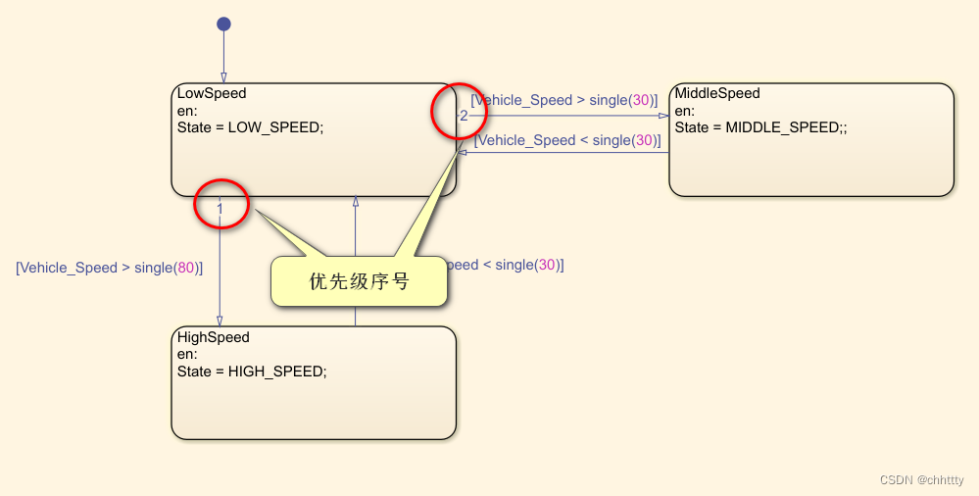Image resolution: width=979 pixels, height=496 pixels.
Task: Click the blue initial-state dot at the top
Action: coord(223,24)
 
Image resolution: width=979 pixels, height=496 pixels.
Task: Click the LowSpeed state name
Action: coord(212,94)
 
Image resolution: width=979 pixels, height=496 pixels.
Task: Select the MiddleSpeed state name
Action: coord(717,94)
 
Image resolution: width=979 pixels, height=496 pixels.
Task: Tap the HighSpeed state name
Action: coord(214,337)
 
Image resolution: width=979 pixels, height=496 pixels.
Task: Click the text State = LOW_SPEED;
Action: coord(250,127)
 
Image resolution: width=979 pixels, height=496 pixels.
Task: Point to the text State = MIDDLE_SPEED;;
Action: coord(760,127)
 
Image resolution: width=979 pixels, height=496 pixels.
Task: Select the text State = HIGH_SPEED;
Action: coord(252,372)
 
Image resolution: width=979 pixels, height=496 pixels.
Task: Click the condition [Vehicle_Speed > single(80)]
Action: coord(110,268)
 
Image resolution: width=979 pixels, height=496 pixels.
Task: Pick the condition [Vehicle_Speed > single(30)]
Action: coord(566,100)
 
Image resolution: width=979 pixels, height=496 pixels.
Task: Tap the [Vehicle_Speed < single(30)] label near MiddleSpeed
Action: coord(567,140)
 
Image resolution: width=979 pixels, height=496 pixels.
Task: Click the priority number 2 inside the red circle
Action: coord(464,116)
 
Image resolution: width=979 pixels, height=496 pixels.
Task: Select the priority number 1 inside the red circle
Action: coord(220,208)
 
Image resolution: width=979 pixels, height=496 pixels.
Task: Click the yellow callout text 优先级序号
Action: coord(359,282)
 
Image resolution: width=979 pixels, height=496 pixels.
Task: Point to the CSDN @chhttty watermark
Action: coord(921,480)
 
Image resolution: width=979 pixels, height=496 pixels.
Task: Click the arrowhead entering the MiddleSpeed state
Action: coord(663,116)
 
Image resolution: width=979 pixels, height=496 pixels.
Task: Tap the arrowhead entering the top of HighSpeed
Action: coord(220,321)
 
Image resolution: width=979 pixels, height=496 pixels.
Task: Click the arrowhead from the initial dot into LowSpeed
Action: coord(223,76)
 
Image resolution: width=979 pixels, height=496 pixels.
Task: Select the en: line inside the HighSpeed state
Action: coord(187,354)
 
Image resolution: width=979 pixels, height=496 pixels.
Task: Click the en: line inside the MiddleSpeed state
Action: coord(685,111)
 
